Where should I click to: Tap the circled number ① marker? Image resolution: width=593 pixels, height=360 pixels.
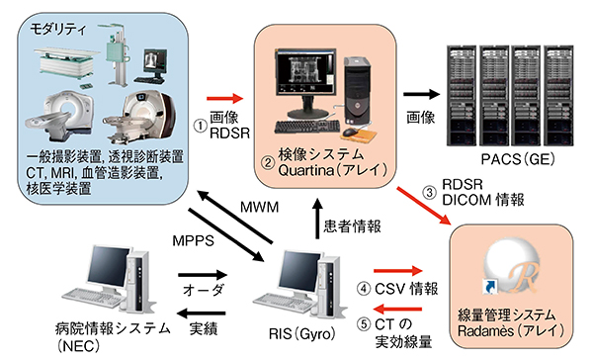pos(201,126)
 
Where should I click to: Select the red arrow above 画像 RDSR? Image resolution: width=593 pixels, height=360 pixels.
pos(224,99)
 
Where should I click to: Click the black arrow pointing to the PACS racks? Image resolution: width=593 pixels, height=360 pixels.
pos(422,94)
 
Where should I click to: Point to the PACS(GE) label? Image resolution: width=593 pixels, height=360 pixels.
pos(518,158)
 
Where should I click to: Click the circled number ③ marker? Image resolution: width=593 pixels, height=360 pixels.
pos(429,192)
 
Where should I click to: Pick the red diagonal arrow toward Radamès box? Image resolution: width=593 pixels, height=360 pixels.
pos(424,206)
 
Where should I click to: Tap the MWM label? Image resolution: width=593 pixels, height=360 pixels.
pos(259,207)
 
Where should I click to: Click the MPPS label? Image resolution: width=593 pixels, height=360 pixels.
pos(194,240)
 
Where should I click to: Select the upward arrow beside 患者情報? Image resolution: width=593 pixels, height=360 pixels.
pos(317,220)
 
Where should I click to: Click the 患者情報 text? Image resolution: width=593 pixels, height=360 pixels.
pos(352,226)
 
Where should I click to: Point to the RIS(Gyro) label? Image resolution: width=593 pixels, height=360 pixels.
pos(302,333)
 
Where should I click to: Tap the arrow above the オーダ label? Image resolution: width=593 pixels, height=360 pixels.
pos(203,274)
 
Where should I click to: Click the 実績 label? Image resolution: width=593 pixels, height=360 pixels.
pos(204,328)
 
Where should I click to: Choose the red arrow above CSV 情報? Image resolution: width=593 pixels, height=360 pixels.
pos(398,270)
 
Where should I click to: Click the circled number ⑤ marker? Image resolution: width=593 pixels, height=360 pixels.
pos(364,324)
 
